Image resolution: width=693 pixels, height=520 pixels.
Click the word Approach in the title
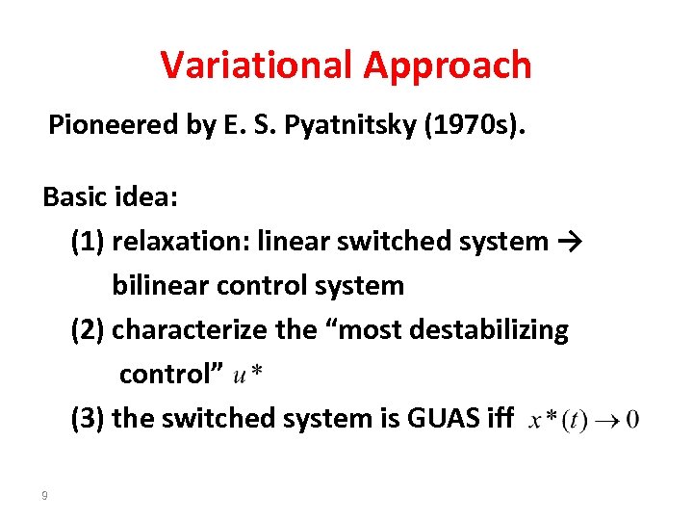tap(448, 65)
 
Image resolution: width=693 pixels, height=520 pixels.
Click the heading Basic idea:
tap(109, 197)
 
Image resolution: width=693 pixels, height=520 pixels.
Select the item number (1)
tap(88, 241)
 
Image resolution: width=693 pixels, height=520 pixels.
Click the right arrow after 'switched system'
tap(567, 241)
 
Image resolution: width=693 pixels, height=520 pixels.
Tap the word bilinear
tap(158, 285)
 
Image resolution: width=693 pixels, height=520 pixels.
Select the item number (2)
tap(88, 329)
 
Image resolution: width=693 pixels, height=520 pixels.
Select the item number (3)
tap(88, 418)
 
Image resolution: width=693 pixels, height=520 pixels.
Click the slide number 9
tap(44, 496)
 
